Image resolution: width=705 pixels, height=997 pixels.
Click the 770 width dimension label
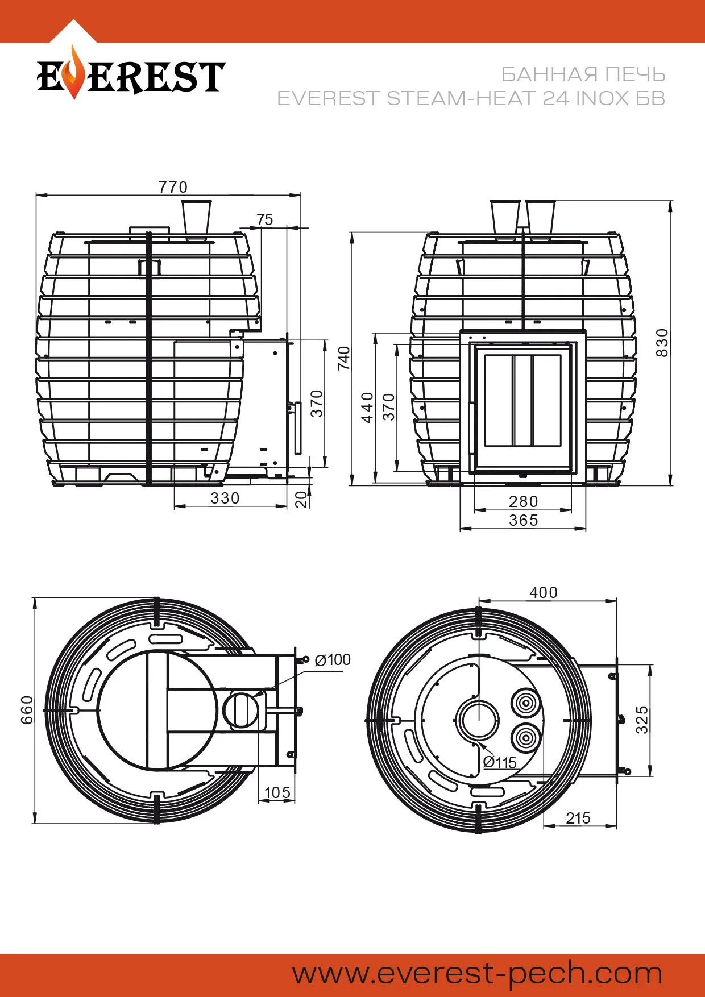(173, 187)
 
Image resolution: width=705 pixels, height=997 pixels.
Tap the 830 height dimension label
(662, 343)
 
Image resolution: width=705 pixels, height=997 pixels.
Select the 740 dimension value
(344, 358)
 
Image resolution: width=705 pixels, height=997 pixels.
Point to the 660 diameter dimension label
(27, 710)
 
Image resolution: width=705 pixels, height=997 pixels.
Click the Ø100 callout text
(333, 660)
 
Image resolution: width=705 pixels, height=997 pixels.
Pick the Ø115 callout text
(500, 763)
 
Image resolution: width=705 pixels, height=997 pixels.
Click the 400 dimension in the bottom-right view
(544, 592)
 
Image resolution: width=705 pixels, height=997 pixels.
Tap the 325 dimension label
(642, 720)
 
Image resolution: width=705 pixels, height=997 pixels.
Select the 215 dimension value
(578, 818)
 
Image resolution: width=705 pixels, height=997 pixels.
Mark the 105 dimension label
(277, 792)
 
